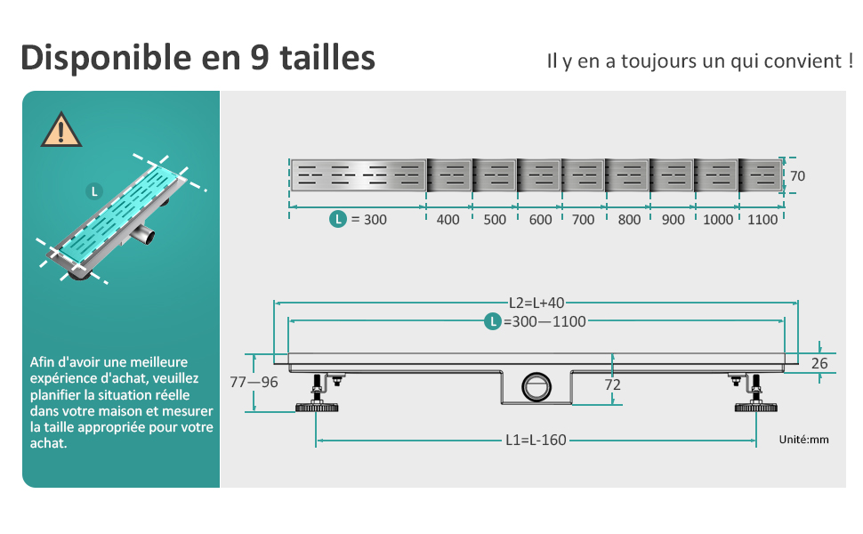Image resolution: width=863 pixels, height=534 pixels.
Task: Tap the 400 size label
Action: coord(448,219)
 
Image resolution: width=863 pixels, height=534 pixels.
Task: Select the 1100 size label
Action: coord(762,219)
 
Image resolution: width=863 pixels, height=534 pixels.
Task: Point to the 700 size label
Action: coord(583,219)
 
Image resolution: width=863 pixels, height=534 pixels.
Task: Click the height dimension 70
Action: coord(797,176)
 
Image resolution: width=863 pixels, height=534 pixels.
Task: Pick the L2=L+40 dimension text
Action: coord(538,303)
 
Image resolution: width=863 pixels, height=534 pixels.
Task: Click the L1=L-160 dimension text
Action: coord(536,441)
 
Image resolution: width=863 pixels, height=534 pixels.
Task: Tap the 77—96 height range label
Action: coord(254,382)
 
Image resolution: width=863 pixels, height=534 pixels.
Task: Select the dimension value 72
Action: coord(612,384)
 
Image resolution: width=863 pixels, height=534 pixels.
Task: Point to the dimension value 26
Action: coord(819,363)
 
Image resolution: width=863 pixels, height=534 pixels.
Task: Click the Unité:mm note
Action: coord(803,440)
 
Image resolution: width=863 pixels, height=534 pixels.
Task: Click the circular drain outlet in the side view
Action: coord(537,385)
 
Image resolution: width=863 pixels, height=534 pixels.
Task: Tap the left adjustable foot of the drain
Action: coord(316,399)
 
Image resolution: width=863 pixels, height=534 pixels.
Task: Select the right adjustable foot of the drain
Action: coord(755,399)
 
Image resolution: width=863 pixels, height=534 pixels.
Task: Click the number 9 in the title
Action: coord(255,58)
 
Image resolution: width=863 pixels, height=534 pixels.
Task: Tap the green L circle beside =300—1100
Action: coord(492,322)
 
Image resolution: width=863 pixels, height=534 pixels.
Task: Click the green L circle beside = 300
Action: coord(337,219)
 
